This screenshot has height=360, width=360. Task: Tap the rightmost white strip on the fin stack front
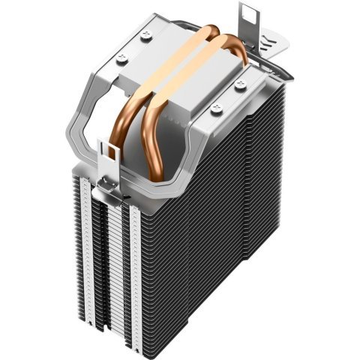click(x=136, y=285)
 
